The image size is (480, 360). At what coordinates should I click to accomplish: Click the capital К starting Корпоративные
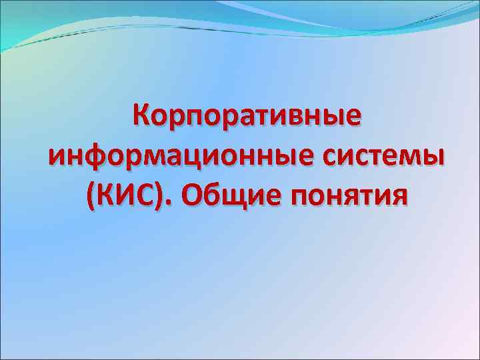pyautogui.click(x=142, y=117)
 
